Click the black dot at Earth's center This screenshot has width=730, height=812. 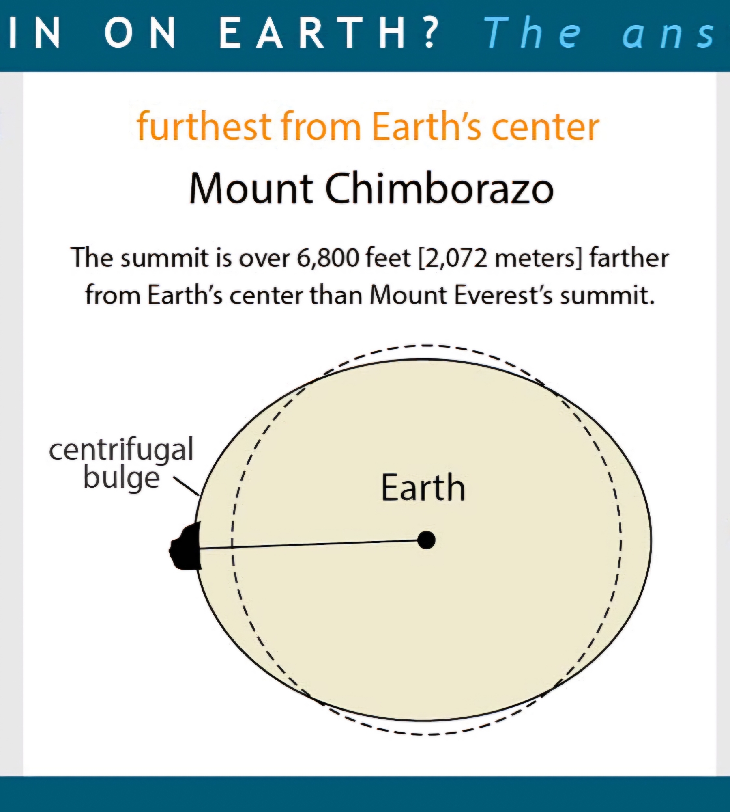pyautogui.click(x=426, y=540)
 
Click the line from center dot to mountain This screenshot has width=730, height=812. pyautogui.click(x=313, y=544)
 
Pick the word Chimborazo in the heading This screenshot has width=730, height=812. pyautogui.click(x=440, y=189)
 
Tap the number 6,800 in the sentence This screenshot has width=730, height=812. pyautogui.click(x=328, y=258)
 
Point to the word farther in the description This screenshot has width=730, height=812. pyautogui.click(x=629, y=258)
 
